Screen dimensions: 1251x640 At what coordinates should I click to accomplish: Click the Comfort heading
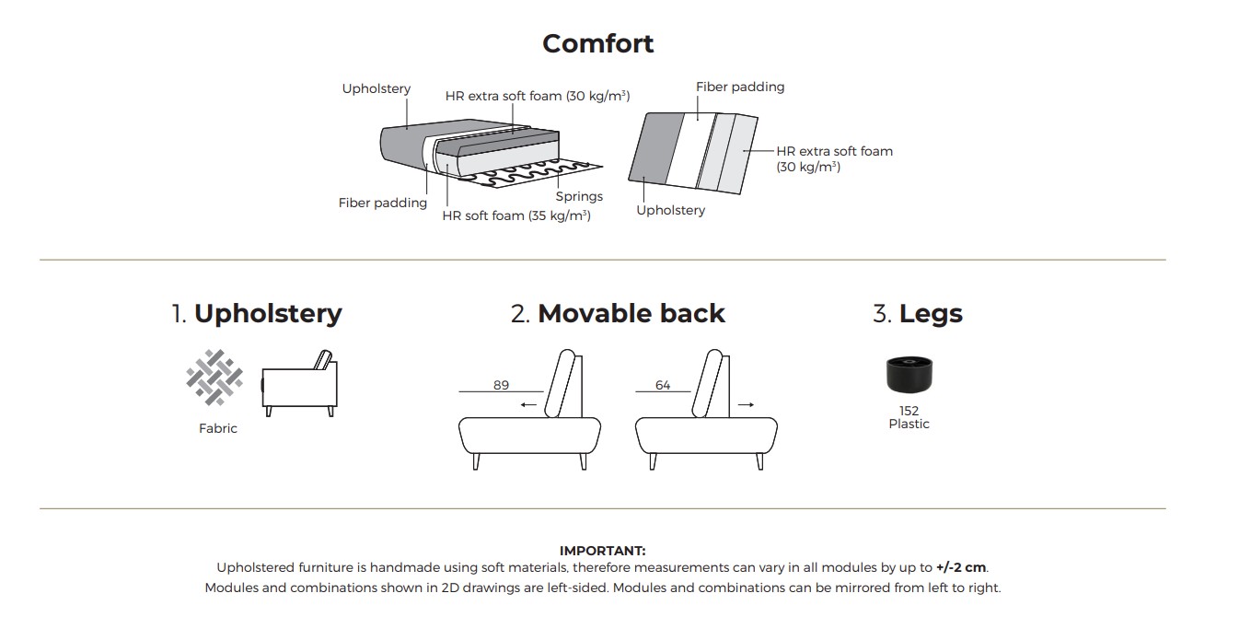click(x=597, y=43)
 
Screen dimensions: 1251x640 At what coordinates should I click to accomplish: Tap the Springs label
click(x=579, y=196)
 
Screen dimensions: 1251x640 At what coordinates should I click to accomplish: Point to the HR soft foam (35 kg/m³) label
click(x=516, y=215)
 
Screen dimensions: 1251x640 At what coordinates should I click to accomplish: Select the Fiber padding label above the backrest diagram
click(x=740, y=87)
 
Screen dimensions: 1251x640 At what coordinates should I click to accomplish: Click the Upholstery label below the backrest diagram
click(x=671, y=211)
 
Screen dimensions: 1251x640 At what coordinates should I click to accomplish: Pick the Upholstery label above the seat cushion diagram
click(x=376, y=88)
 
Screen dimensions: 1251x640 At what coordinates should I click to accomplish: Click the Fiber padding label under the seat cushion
click(x=383, y=203)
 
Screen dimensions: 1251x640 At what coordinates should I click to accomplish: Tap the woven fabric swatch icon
click(x=214, y=378)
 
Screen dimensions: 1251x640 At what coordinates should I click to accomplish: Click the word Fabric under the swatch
click(x=218, y=428)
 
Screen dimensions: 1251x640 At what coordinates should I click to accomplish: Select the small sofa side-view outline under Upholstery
click(x=300, y=383)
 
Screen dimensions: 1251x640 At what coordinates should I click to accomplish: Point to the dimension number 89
click(x=501, y=385)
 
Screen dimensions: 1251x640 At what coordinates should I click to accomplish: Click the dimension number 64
click(x=663, y=385)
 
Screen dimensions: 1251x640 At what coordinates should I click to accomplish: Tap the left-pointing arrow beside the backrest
click(x=528, y=405)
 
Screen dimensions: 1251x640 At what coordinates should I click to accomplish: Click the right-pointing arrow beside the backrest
click(x=747, y=405)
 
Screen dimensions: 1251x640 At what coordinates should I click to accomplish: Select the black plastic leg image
click(x=909, y=375)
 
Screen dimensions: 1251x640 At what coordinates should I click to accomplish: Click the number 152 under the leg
click(x=909, y=411)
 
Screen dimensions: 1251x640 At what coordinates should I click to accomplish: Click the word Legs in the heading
click(x=931, y=314)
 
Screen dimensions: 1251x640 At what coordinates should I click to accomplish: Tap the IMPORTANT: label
click(x=603, y=551)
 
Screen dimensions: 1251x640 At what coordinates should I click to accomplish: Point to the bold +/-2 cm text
click(x=961, y=567)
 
